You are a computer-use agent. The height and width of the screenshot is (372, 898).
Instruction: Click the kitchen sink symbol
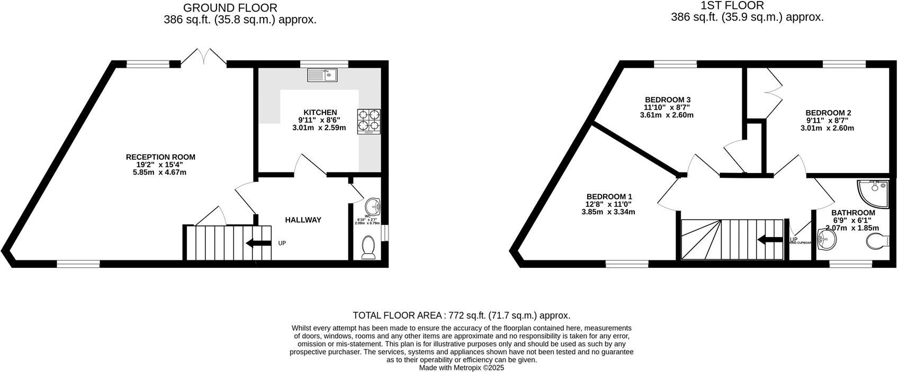coord(322,75)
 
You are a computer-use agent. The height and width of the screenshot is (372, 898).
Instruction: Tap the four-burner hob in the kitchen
coord(369,121)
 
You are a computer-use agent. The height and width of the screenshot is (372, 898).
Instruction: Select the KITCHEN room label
coord(320,112)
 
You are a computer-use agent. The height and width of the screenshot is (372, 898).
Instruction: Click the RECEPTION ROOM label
coord(160,157)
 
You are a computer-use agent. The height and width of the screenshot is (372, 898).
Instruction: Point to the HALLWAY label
coord(303,220)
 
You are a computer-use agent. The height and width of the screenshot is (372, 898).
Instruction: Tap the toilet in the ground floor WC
coord(368,247)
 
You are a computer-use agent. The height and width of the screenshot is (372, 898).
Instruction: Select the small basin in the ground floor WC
coord(373,206)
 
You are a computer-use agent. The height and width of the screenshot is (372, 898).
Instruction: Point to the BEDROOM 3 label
coord(667,99)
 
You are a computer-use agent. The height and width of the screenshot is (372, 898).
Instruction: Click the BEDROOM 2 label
coord(828,113)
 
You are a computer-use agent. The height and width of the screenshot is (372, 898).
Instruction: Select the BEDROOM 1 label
coord(608,196)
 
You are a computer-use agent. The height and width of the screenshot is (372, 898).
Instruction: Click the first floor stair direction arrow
coord(770,240)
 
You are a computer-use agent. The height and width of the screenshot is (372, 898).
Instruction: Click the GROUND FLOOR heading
coord(230,8)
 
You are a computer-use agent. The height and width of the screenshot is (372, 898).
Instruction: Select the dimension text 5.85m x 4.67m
coord(159,172)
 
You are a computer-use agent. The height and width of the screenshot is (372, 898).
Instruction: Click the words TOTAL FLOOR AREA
coord(399,315)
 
